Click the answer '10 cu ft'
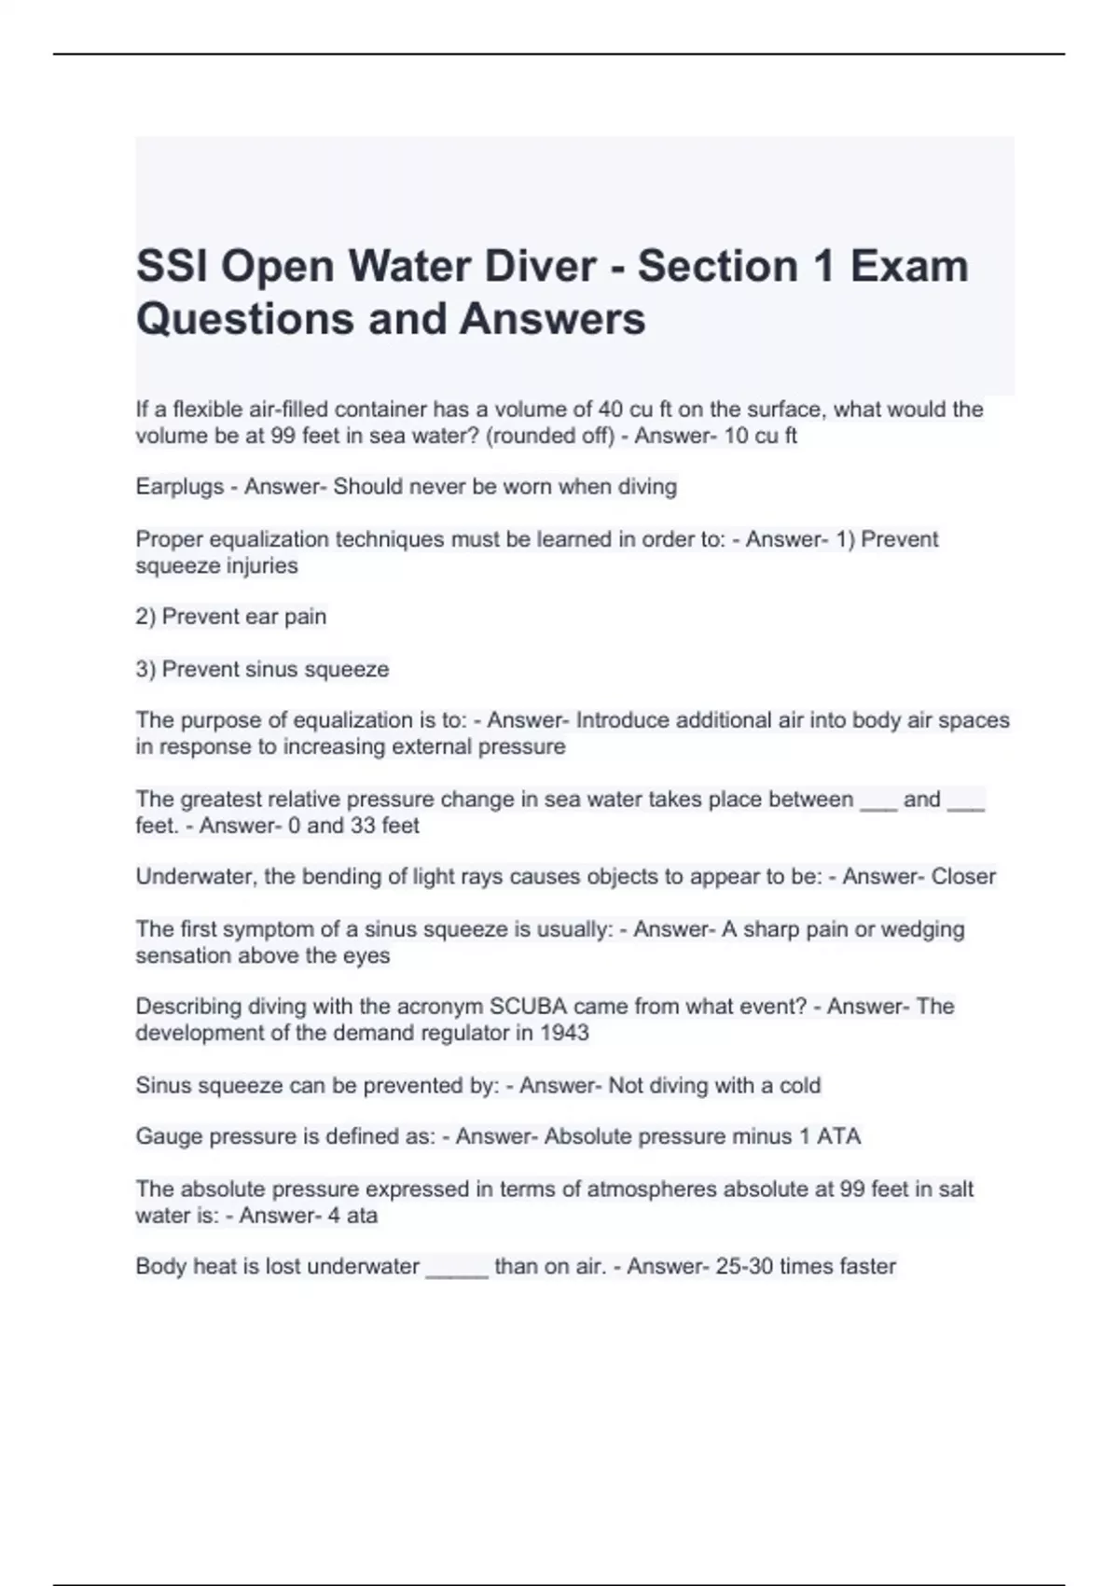760,436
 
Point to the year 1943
564,1033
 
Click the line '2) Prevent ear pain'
231,617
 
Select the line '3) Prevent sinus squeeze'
262,669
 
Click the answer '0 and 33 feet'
353,826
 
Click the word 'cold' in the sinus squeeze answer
800,1086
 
